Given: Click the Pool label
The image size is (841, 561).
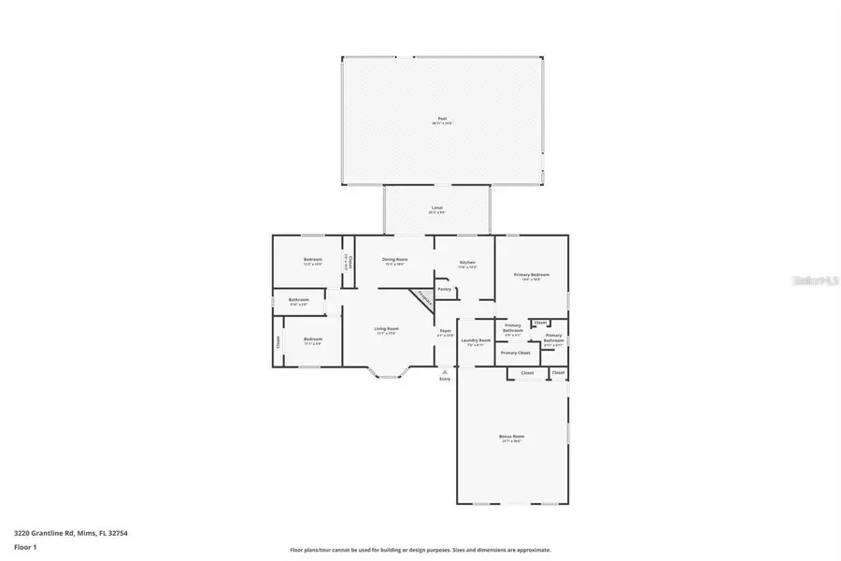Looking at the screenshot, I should coord(442,119).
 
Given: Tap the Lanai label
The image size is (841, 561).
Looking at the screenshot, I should coord(436,208).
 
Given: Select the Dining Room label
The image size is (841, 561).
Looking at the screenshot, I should coord(395,260).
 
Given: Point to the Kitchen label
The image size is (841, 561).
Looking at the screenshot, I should coord(467,263).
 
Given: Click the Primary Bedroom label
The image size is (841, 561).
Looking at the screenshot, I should coord(531,275).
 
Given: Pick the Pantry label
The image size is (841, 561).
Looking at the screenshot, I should coord(445,290).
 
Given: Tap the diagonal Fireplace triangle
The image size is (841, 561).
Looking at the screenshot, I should coord(422,298).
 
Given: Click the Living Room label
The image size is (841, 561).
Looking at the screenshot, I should coord(387,328).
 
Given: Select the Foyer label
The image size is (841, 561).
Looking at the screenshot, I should coord(446,331).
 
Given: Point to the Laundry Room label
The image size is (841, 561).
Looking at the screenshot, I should coord(478,340).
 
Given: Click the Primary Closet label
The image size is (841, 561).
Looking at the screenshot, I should coord(515,352).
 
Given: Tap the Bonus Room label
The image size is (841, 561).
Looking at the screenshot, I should coord(511,437).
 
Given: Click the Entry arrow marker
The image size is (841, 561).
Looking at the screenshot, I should coord(445,371).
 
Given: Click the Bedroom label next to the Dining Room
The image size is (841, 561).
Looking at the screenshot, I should coord(312,260).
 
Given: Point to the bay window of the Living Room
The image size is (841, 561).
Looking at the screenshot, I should coord(386,374).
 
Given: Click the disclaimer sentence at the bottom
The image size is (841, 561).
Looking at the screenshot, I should coord(420,550).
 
